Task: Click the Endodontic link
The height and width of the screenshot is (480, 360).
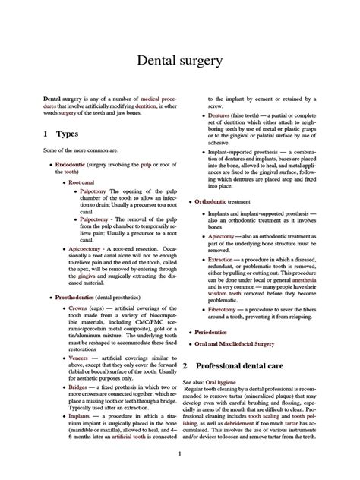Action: pyautogui.click(x=71, y=164)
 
